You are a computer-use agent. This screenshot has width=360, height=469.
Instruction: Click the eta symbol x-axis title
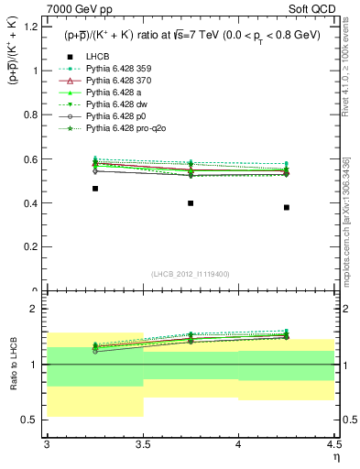pyautogui.click(x=336, y=456)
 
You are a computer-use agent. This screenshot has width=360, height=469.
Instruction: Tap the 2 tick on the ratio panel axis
pyautogui.click(x=37, y=310)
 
